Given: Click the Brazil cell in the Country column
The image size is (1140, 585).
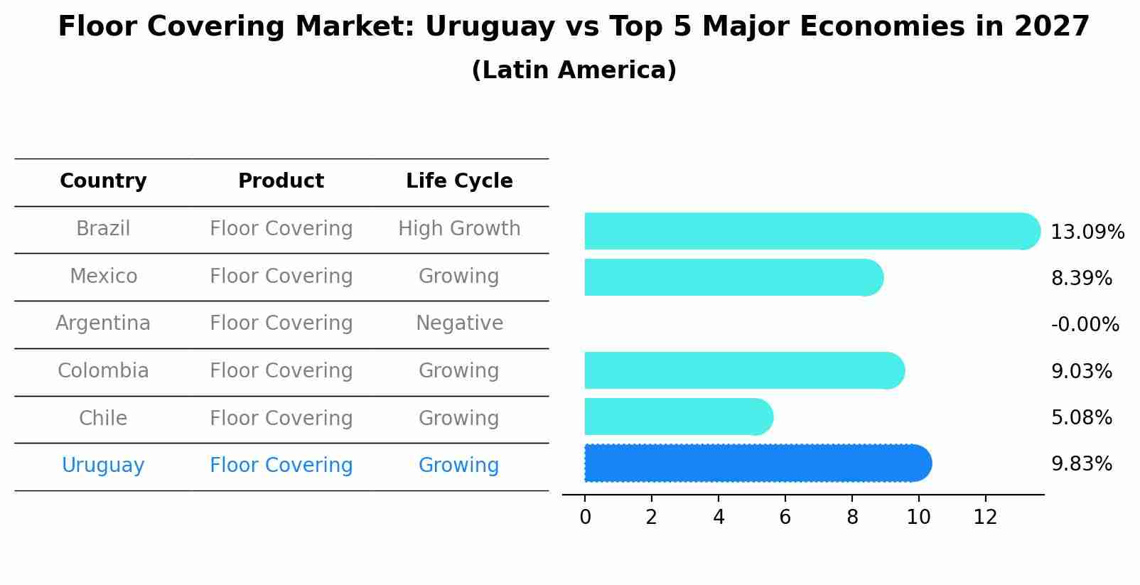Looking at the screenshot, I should click(103, 229).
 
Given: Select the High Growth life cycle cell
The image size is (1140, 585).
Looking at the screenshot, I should click(459, 229).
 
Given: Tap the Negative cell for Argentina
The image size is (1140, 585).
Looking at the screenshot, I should click(459, 323).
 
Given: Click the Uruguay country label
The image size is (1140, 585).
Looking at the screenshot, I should click(103, 466).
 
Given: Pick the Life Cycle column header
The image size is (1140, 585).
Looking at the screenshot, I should click(459, 181).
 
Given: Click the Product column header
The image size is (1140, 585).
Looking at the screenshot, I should click(281, 181).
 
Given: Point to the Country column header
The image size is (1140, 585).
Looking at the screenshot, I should click(103, 181).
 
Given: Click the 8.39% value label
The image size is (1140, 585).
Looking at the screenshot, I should click(1081, 279).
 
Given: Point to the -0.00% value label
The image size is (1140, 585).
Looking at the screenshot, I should click(1085, 325).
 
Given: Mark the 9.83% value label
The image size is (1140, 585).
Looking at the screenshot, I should click(1081, 464).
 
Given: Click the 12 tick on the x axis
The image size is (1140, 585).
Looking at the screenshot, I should click(985, 517).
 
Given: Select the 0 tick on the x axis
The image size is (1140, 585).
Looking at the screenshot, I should click(585, 517).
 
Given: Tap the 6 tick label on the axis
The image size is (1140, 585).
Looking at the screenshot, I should click(785, 517).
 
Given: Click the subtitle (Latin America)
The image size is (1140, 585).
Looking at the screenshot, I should click(574, 70).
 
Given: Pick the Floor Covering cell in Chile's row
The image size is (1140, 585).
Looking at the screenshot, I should click(281, 419).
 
